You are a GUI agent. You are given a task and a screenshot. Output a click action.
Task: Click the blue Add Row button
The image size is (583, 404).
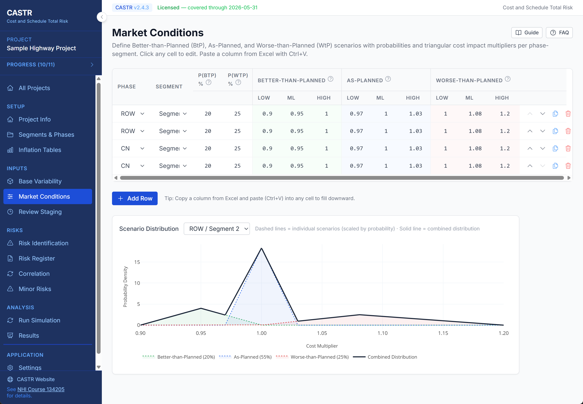click(x=135, y=198)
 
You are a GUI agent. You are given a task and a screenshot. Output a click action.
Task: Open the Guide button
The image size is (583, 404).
click(x=527, y=33)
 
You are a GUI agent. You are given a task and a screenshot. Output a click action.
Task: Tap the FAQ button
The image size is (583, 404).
click(x=559, y=33)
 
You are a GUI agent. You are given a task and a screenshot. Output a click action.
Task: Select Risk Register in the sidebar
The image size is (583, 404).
click(x=37, y=258)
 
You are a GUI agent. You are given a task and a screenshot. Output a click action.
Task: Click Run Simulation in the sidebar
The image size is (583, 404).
click(x=39, y=320)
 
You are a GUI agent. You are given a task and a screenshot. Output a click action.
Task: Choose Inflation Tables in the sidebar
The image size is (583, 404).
click(x=40, y=150)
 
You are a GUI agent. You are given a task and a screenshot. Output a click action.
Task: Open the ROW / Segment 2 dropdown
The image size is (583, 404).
click(x=217, y=229)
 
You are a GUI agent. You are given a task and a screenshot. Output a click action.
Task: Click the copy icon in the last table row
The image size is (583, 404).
click(x=555, y=166)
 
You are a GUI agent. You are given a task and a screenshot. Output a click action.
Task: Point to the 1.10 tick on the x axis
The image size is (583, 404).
click(x=382, y=333)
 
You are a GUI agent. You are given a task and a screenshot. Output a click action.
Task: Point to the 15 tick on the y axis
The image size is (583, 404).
click(x=137, y=262)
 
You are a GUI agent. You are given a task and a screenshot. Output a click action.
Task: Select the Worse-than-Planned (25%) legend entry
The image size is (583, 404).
click(x=319, y=357)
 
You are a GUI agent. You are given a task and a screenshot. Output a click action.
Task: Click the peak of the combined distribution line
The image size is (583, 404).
click(x=261, y=248)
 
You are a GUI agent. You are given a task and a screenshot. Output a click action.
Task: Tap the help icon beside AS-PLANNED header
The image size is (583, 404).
click(x=388, y=79)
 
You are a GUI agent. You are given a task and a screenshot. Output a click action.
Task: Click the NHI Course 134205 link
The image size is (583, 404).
click(x=41, y=389)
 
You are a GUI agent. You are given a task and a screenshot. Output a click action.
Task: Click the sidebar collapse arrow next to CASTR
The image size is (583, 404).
click(x=102, y=17)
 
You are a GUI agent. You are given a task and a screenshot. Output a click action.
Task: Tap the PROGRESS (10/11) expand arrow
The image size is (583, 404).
click(x=92, y=65)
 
